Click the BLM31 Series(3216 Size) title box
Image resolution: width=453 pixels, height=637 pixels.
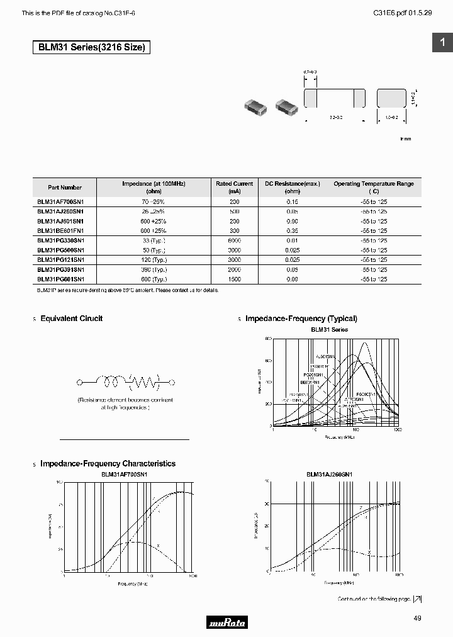pyautogui.click(x=92, y=47)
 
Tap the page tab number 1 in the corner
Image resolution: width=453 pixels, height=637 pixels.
pyautogui.click(x=442, y=42)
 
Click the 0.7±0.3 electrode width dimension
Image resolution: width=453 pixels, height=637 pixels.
pyautogui.click(x=310, y=73)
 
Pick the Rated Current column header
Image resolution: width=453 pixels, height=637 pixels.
pyautogui.click(x=234, y=187)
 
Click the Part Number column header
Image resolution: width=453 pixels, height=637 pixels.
pyautogui.click(x=65, y=187)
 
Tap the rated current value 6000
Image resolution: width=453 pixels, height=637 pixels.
pyautogui.click(x=234, y=240)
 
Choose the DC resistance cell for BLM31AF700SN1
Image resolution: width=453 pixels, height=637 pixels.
pyautogui.click(x=292, y=202)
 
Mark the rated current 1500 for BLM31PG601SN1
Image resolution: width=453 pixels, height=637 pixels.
pyautogui.click(x=234, y=279)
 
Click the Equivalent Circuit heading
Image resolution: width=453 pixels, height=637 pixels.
pyautogui.click(x=71, y=318)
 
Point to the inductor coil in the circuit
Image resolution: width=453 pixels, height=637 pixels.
pyautogui.click(x=113, y=381)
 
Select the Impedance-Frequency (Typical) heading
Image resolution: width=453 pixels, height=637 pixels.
pyautogui.click(x=301, y=318)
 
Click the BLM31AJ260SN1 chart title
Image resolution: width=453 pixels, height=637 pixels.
pyautogui.click(x=329, y=474)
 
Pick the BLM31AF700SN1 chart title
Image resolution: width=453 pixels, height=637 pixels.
pyautogui.click(x=124, y=474)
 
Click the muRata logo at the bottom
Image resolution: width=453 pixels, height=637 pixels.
pyautogui.click(x=226, y=623)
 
